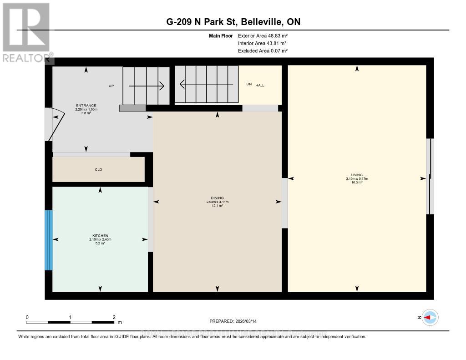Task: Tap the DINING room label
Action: (x=217, y=198)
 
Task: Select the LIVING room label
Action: (x=356, y=175)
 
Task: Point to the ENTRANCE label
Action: (x=86, y=106)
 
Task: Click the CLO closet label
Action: (x=98, y=170)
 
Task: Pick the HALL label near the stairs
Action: (x=259, y=85)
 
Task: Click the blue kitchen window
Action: (x=49, y=240)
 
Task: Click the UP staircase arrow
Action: (x=146, y=86)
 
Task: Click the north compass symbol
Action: (x=430, y=317)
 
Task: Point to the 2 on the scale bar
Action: (x=114, y=317)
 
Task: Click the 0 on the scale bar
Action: (x=27, y=317)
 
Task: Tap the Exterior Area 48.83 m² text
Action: (x=263, y=35)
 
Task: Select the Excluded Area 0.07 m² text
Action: (x=263, y=51)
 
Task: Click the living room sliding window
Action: (x=430, y=176)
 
